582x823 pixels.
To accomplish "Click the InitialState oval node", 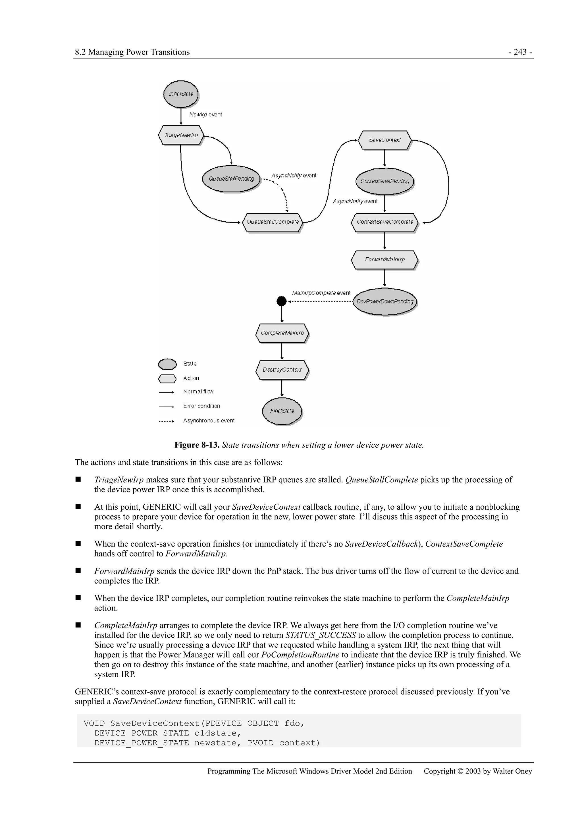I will pyautogui.click(x=181, y=94).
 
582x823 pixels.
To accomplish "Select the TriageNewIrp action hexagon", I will pyautogui.click(x=181, y=135).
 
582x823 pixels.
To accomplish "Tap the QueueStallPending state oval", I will pyautogui.click(x=231, y=178).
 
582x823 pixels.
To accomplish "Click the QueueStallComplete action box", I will pyautogui.click(x=273, y=222).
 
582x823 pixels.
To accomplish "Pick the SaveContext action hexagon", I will pyautogui.click(x=384, y=140).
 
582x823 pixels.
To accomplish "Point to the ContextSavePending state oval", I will pyautogui.click(x=384, y=181).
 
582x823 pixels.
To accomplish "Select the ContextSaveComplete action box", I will pyautogui.click(x=384, y=222).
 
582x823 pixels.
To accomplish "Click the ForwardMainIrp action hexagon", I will pyautogui.click(x=384, y=260).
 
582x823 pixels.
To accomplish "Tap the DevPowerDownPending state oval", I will pyautogui.click(x=384, y=301).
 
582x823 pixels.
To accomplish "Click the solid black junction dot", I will pyautogui.click(x=282, y=301).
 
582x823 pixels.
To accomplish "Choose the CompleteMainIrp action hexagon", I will pyautogui.click(x=282, y=333).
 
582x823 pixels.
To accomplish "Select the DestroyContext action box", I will pyautogui.click(x=282, y=370).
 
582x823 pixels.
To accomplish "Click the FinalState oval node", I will pyautogui.click(x=282, y=411).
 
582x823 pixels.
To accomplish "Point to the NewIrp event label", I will pyautogui.click(x=205, y=114).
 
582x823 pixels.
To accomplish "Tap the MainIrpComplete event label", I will pyautogui.click(x=321, y=293).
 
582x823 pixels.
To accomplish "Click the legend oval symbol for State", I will pyautogui.click(x=167, y=364).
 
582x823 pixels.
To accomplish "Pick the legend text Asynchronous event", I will pyautogui.click(x=209, y=420).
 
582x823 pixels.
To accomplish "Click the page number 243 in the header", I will pyautogui.click(x=520, y=52).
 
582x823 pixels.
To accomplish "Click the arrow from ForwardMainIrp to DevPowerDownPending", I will pyautogui.click(x=384, y=278).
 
